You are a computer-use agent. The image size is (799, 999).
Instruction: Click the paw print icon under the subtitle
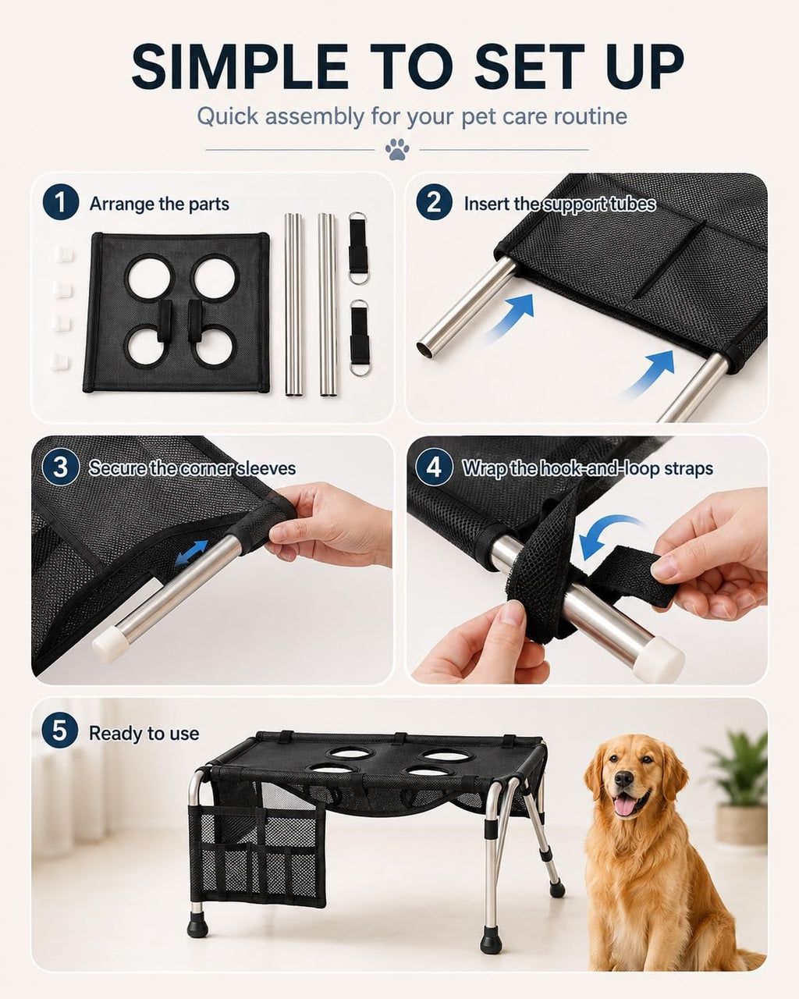(397, 150)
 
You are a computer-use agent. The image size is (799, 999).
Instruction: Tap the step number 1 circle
(61, 202)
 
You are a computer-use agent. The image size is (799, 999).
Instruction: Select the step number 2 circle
(434, 202)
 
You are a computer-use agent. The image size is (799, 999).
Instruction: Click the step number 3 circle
(61, 467)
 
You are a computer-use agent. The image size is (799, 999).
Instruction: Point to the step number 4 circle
(434, 467)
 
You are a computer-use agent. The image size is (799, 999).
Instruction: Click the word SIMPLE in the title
(240, 66)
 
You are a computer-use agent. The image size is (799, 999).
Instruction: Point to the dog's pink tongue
(624, 806)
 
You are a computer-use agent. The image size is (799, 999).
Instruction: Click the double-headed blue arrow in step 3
(191, 553)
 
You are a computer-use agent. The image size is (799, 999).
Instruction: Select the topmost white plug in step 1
(64, 254)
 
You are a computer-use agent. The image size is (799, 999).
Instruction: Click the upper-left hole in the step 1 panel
(150, 278)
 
